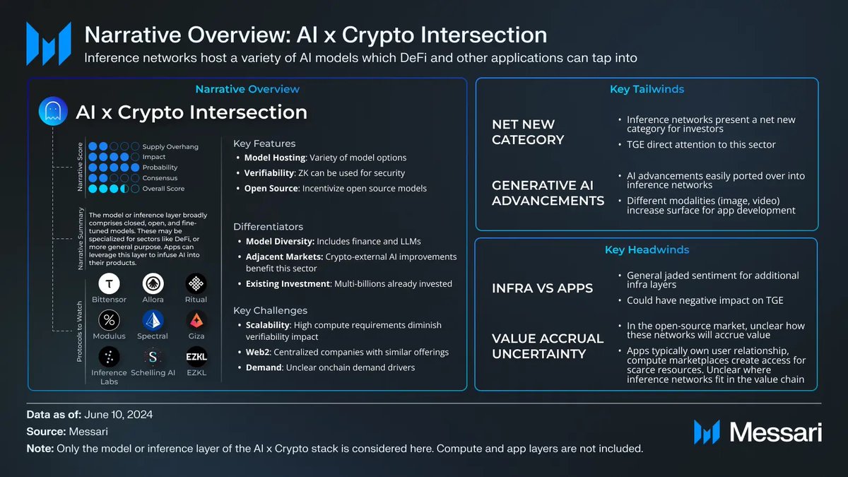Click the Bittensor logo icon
coord(109,283)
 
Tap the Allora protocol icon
coord(153,283)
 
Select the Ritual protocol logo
coord(196,283)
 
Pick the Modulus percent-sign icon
coord(109,320)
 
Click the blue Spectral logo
coord(153,320)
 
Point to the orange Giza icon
coord(196,320)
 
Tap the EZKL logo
coord(196,356)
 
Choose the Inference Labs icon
coord(109,356)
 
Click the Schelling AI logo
coord(153,356)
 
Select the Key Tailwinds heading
coord(647,90)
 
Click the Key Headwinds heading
coord(647,250)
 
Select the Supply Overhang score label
coord(170,147)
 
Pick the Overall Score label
coord(163,189)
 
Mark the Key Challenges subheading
coord(270,310)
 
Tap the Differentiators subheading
coord(269,227)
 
